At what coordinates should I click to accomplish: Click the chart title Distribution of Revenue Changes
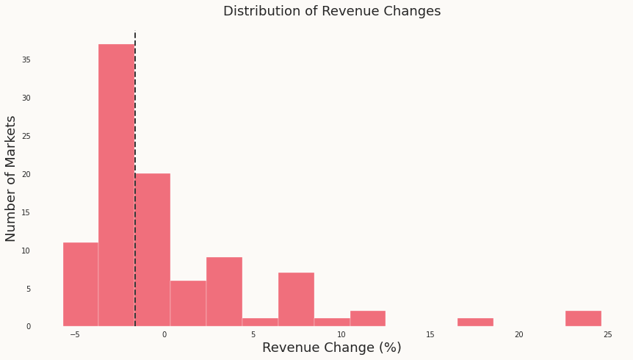click(332, 11)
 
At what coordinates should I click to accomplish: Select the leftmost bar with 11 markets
click(81, 284)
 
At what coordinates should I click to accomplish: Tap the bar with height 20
click(153, 250)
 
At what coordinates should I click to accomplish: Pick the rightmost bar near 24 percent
click(583, 318)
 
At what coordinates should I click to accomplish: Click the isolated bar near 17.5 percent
click(475, 322)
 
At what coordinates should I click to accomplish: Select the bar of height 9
click(224, 292)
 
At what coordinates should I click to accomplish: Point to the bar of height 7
click(296, 299)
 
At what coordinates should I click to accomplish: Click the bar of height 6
click(188, 303)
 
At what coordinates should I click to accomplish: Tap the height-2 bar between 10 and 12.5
click(368, 318)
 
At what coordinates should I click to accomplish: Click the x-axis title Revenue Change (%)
click(332, 348)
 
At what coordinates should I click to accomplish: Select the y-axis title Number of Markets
click(11, 179)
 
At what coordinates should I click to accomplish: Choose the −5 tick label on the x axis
click(75, 334)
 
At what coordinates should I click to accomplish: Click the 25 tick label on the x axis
click(607, 334)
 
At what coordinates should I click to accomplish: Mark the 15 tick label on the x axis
click(430, 334)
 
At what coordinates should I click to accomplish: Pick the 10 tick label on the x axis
click(341, 334)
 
